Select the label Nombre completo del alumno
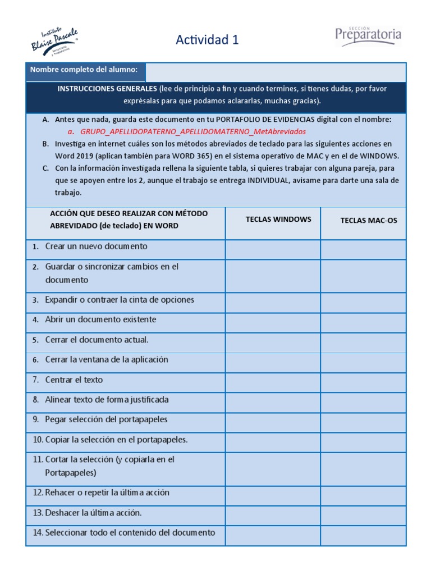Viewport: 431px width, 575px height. point(84,70)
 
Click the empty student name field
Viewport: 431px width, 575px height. point(275,72)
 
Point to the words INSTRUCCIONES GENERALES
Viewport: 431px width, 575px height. point(107,89)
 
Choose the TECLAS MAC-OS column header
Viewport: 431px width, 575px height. point(368,220)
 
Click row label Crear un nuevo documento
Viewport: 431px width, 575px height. point(96,247)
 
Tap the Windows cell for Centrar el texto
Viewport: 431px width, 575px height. point(273,380)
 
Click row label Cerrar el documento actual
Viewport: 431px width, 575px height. point(97,340)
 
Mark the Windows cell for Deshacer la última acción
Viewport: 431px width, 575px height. point(273,513)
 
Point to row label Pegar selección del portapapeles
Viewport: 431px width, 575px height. point(106,419)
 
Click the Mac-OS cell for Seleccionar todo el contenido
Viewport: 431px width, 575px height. point(363,535)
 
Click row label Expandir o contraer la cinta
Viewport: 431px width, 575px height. point(120,300)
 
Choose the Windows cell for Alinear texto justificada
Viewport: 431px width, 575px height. point(273,400)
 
